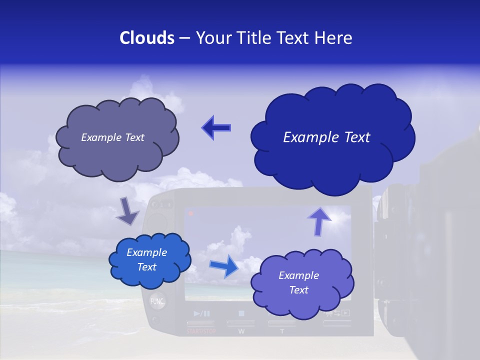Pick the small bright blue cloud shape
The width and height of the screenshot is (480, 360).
pos(149,260)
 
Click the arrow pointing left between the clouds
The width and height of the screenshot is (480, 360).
pos(216,127)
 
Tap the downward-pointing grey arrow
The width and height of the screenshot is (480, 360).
pos(127,211)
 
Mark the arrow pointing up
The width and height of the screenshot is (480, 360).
pos(318,220)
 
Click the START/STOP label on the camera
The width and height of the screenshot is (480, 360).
pos(201,331)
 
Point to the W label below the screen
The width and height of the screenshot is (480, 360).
pos(241,331)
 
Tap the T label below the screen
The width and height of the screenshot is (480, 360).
pos(281,331)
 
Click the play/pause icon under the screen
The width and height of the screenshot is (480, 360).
pos(202,314)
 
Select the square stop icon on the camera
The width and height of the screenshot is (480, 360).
pos(241,314)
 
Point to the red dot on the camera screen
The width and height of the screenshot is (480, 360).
pos(191,213)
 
